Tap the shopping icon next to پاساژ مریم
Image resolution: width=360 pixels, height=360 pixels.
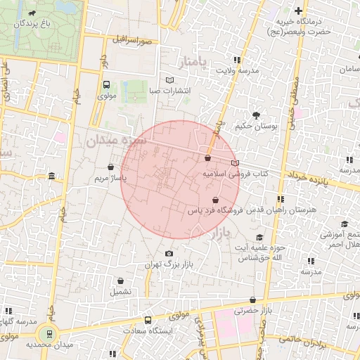point(111,167)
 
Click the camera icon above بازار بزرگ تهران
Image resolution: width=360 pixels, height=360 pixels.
point(168,253)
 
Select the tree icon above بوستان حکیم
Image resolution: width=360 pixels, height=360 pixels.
point(255,114)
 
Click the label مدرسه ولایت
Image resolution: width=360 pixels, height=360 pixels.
point(238,71)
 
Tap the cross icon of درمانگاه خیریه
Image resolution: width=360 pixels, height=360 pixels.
point(299,11)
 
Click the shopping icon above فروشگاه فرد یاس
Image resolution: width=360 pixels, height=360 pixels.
point(225,200)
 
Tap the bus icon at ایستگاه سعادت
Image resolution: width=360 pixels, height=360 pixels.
point(147,320)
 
